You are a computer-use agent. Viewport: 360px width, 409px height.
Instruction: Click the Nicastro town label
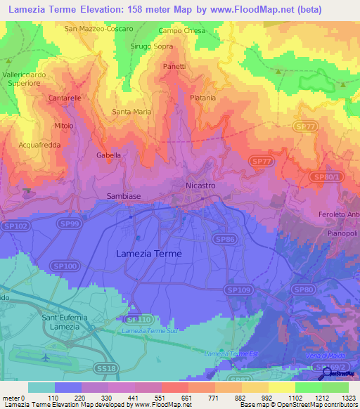coord(200,184)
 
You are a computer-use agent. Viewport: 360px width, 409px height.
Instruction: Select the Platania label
coord(202,98)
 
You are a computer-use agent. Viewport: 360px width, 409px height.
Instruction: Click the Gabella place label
coord(108,155)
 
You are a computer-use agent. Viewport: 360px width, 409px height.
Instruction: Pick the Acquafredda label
coord(40,145)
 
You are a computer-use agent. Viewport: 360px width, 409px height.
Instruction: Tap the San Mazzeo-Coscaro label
coord(98,29)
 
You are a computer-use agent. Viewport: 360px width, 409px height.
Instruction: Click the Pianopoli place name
coord(342,233)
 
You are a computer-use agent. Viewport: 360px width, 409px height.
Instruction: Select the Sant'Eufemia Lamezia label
coord(65,323)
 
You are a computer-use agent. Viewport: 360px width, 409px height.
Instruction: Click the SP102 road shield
coord(20,226)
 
